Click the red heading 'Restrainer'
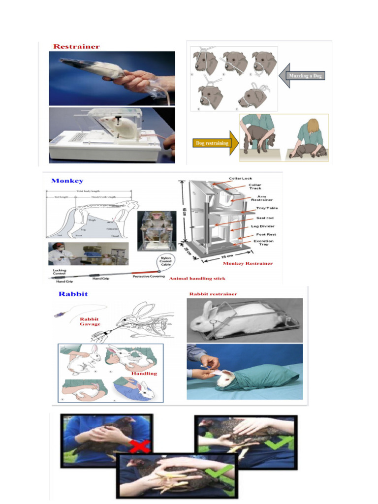pyautogui.click(x=76, y=47)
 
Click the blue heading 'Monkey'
pyautogui.click(x=67, y=181)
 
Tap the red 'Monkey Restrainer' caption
pyautogui.click(x=248, y=263)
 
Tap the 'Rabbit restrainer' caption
pyautogui.click(x=213, y=294)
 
